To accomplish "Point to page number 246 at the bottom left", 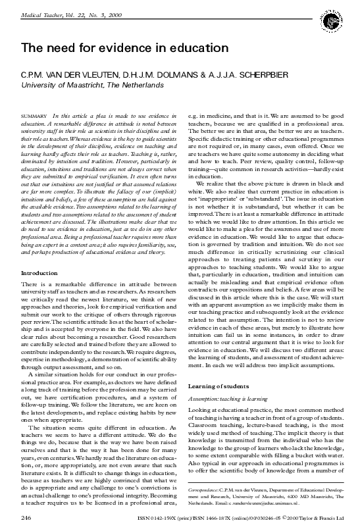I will point(27,519).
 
